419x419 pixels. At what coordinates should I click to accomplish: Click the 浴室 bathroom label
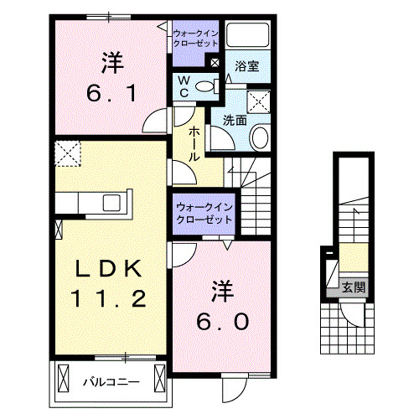click(246, 65)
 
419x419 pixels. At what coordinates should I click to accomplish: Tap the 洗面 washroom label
click(235, 120)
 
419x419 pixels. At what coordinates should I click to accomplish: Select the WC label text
click(184, 86)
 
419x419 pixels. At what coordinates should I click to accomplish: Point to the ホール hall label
click(194, 143)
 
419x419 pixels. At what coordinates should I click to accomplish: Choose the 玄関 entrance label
click(353, 287)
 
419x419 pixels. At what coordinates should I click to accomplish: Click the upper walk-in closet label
click(196, 38)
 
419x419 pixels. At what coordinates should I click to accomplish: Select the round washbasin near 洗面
click(260, 137)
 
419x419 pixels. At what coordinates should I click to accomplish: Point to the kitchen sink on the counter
click(111, 202)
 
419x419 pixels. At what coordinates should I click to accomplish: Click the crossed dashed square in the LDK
click(67, 154)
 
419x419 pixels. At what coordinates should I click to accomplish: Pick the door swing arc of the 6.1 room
click(153, 122)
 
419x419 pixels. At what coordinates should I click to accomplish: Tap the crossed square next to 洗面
click(259, 101)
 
